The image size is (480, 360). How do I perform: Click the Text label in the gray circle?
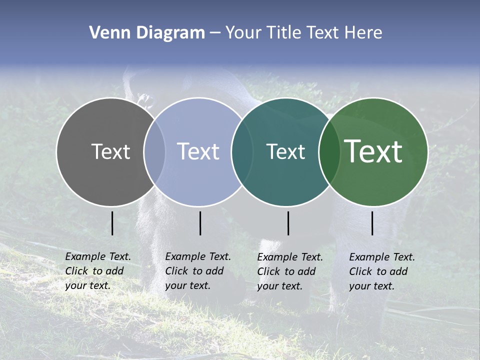(x=110, y=151)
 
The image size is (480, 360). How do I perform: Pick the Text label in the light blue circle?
(x=198, y=151)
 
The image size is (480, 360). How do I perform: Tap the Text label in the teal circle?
(x=285, y=151)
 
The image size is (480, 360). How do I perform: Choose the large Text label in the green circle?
(x=373, y=151)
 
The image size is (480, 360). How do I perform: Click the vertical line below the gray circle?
(x=112, y=223)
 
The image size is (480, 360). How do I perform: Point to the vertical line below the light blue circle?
(x=200, y=223)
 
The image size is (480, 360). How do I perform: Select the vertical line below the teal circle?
(x=288, y=223)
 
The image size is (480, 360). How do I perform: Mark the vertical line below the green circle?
(x=372, y=223)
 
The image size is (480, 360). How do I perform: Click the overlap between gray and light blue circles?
(x=154, y=151)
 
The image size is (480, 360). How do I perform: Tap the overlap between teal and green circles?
(x=328, y=151)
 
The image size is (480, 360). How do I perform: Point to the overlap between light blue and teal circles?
(x=240, y=151)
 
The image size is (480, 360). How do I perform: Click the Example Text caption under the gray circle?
(x=98, y=271)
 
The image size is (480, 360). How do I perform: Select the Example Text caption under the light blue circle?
(x=198, y=271)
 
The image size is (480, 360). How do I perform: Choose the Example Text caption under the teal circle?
(x=290, y=271)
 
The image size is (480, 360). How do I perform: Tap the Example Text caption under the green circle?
(x=382, y=271)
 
